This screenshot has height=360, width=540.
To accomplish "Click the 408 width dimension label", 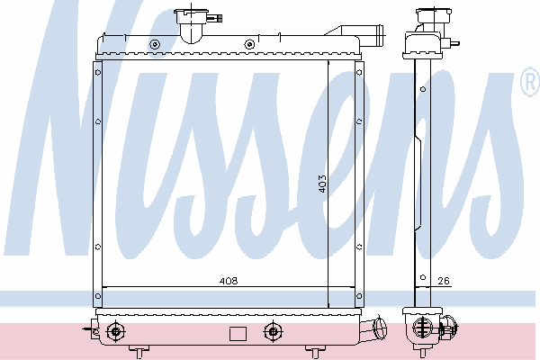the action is [x=229, y=281].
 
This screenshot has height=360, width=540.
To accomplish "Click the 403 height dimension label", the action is [x=321, y=184].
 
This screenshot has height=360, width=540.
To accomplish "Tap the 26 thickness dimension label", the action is [x=444, y=281].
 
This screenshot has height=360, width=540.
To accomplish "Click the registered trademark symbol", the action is [x=531, y=82].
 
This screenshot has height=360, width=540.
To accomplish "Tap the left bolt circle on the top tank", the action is [x=155, y=44].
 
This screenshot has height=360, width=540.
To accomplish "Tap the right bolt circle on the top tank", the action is [x=249, y=44].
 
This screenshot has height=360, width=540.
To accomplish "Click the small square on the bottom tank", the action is [x=238, y=334].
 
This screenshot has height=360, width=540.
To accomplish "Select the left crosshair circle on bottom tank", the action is [x=116, y=332].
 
